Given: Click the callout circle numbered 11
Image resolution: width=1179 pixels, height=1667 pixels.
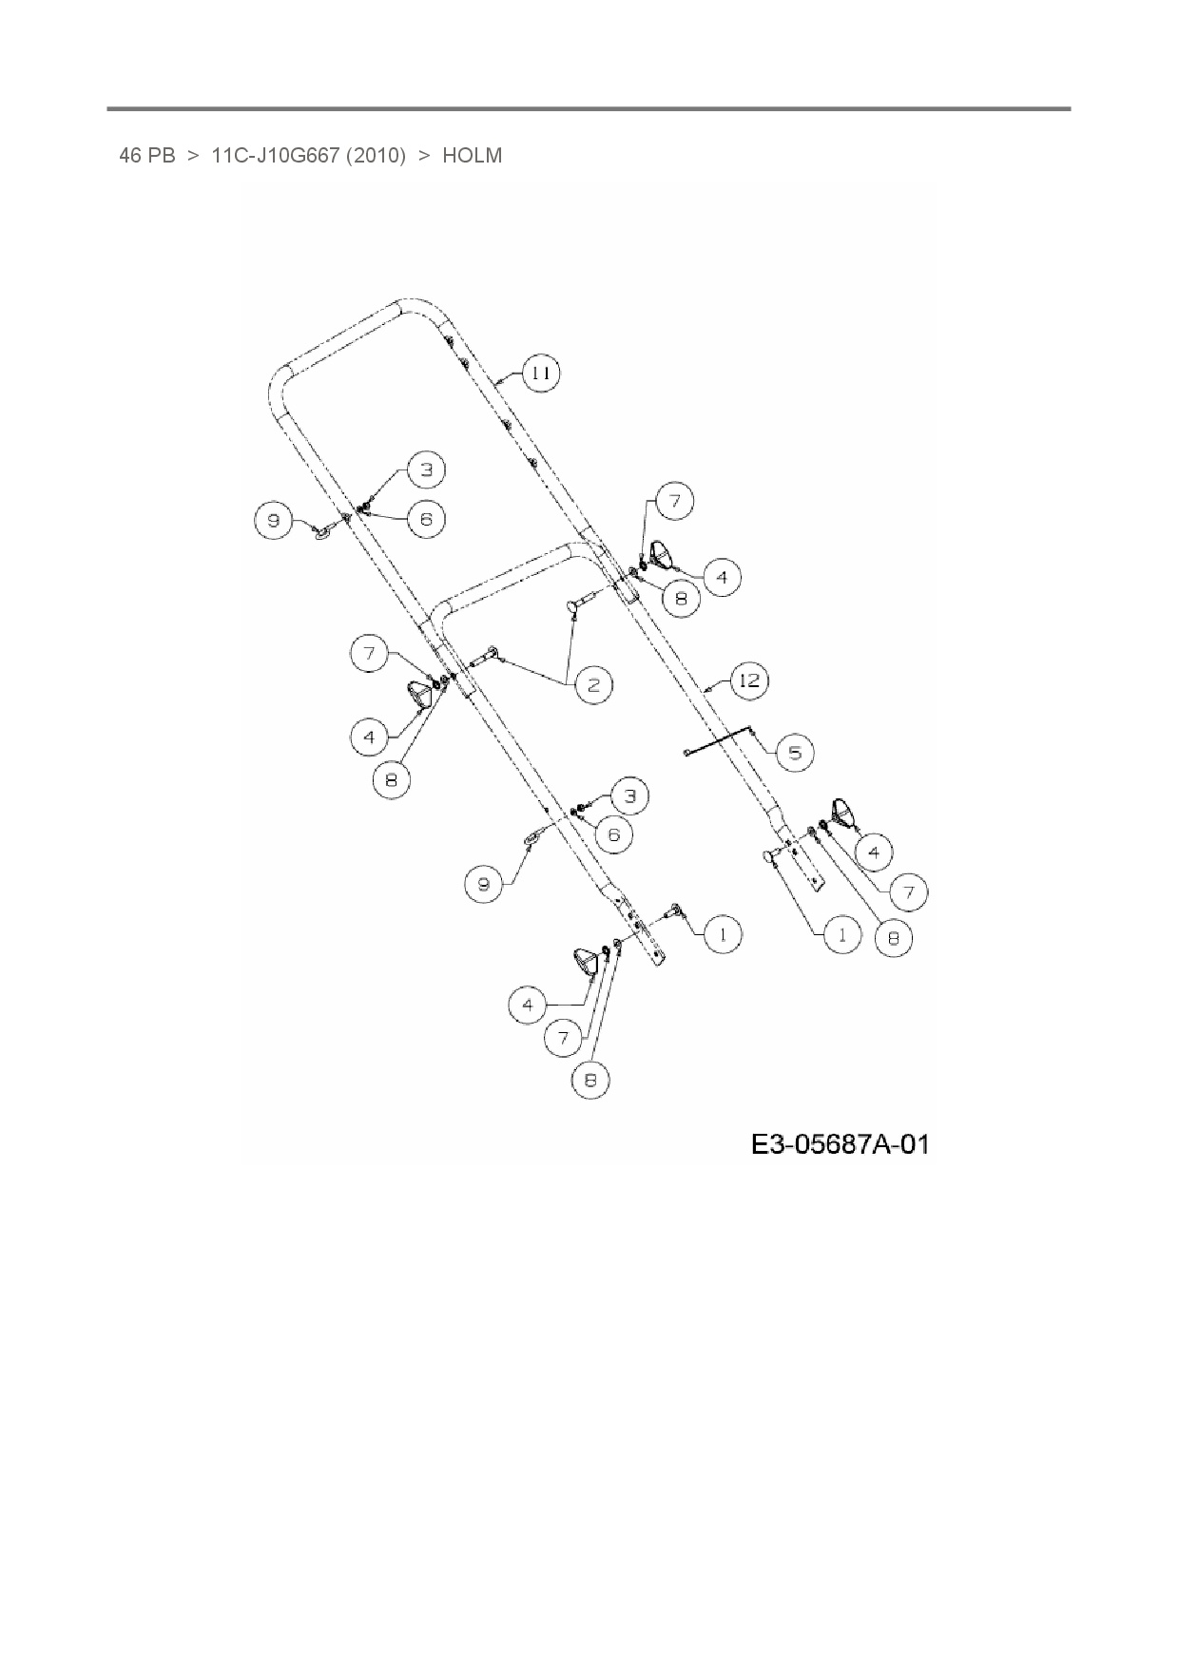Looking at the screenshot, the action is tap(540, 374).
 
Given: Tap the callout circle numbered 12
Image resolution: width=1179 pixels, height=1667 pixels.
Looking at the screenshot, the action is tap(749, 680).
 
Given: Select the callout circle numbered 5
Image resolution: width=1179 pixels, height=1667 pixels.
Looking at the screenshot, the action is tap(795, 754).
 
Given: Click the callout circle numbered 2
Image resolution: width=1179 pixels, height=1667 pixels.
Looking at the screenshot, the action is tap(594, 684).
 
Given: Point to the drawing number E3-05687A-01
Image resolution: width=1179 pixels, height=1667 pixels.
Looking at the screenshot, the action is tap(840, 1143).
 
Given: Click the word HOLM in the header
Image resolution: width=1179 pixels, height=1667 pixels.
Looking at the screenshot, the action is tap(472, 155).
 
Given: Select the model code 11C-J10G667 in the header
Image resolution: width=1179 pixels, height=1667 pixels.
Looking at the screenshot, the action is tap(275, 155).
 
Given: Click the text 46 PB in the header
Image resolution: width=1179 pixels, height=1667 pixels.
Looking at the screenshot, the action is tap(147, 155).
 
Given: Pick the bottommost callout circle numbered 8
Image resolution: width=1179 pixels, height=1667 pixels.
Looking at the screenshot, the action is tap(590, 1081).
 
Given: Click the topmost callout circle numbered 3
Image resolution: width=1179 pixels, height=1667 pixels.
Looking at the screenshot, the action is tap(427, 469).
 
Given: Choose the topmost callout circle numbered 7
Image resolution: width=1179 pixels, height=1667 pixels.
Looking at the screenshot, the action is tap(674, 501).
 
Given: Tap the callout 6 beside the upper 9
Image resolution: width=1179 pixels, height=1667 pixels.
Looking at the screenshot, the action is tap(426, 519).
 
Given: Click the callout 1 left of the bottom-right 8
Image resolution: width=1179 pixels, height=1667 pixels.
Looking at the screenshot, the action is tap(841, 934).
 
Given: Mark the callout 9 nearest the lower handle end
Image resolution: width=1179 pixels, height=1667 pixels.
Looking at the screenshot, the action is tap(484, 885).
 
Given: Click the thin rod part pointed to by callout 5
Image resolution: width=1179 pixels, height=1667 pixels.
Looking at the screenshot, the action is tap(718, 742).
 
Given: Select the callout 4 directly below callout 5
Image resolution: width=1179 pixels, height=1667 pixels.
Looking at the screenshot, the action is tap(873, 851).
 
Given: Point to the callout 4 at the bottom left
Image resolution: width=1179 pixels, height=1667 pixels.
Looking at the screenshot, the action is tap(528, 1005).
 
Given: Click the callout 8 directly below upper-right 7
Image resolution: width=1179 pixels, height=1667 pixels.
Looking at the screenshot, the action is tap(681, 599).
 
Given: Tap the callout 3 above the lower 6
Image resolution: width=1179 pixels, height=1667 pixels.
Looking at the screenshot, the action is tap(629, 795).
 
